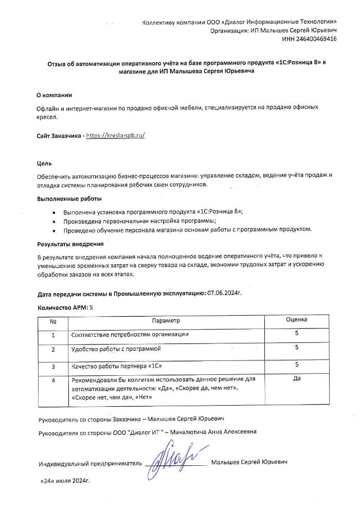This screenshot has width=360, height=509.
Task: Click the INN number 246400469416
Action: coord(317,40)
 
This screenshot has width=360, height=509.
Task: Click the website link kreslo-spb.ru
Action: coord(116,136)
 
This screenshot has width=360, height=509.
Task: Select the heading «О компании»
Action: coord(54,96)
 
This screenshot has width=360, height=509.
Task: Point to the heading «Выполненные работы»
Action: coord(69,198)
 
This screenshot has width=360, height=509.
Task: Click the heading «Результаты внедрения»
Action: coord(70,244)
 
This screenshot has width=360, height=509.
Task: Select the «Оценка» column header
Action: coord(296,320)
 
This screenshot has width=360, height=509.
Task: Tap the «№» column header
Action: coord(53,320)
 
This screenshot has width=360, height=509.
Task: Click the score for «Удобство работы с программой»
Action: coord(296,348)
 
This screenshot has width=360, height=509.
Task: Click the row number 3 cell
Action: coord(53,367)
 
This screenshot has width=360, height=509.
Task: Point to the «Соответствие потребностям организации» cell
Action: coord(130,335)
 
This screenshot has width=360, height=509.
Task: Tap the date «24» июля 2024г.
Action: coord(65,484)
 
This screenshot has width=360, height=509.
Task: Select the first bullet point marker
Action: coord(55,212)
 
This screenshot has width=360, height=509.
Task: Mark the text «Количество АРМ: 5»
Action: coord(66,307)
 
